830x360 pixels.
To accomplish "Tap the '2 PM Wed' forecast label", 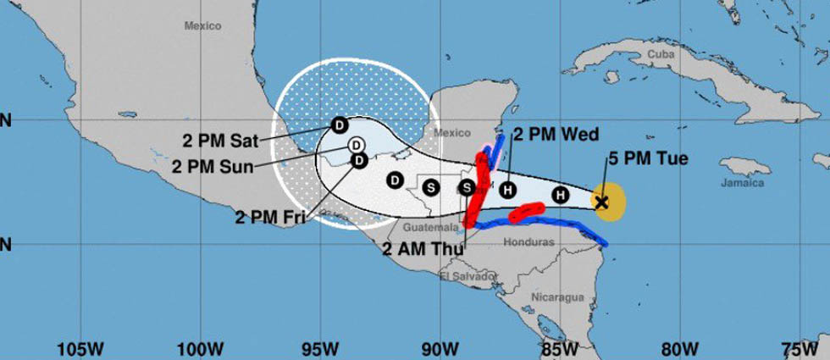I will click(x=556, y=134).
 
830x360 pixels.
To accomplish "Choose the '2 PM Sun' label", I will click(x=212, y=166).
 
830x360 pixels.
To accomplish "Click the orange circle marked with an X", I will click(x=608, y=202).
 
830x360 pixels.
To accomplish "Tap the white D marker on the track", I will click(x=357, y=144).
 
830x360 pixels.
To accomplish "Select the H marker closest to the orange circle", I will click(x=560, y=196).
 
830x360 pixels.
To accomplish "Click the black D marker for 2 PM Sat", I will click(x=338, y=125).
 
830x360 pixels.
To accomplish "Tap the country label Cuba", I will click(x=660, y=53).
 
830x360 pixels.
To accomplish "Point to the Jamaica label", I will click(x=742, y=183).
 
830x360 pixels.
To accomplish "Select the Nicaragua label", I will click(x=557, y=296).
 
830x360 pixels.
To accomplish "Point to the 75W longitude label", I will click(x=801, y=348).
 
